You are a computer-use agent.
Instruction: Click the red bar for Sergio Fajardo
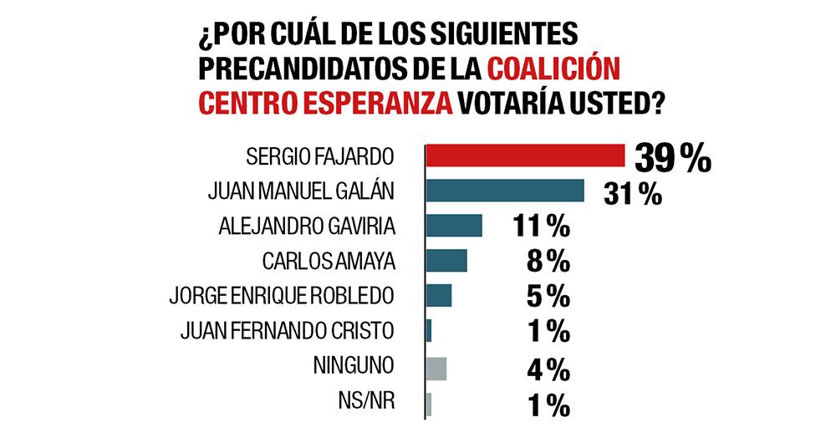[x=526, y=155]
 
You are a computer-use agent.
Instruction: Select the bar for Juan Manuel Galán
[x=505, y=191]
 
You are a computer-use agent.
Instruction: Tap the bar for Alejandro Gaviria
[x=454, y=226]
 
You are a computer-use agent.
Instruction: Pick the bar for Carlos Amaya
[x=446, y=261]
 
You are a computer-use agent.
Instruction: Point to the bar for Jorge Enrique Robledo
[x=439, y=296]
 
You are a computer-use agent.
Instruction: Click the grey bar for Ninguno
[x=436, y=369]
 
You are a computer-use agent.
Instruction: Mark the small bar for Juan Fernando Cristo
[x=429, y=331]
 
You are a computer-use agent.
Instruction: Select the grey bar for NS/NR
[x=429, y=405]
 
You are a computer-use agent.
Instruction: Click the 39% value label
[x=671, y=157]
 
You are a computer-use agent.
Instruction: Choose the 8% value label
[x=548, y=262]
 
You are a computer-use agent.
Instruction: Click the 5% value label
[x=548, y=297]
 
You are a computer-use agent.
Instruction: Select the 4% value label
[x=548, y=369]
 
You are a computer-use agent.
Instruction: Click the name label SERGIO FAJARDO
[x=321, y=156]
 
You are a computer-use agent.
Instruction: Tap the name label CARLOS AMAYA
[x=328, y=261]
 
